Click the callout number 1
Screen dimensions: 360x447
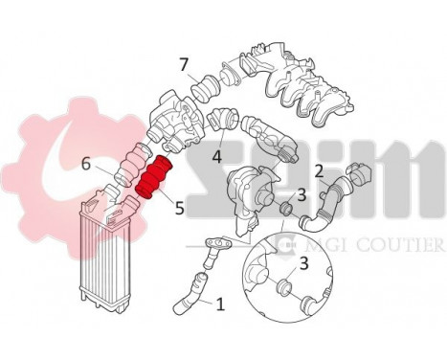[220, 305]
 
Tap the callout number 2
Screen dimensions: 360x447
[319, 171]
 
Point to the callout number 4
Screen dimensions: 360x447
[218, 153]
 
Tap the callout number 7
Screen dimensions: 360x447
[183, 64]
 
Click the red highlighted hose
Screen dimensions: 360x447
[154, 179]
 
